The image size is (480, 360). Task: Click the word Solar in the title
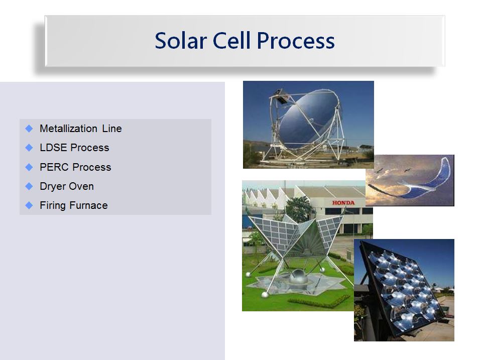181,40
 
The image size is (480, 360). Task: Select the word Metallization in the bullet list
69,128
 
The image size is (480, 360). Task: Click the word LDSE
53,148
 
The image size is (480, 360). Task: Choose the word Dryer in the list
52,186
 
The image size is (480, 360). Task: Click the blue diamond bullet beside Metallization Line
29,129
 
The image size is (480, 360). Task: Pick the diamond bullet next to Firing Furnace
29,205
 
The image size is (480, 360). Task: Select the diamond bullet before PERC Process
29,167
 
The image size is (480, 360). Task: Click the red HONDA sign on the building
343,203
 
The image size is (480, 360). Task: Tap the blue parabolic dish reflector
308,118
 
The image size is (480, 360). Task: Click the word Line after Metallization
112,128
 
